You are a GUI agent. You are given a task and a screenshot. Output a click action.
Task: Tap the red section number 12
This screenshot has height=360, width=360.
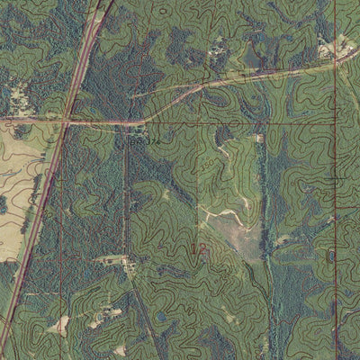click(x=197, y=247)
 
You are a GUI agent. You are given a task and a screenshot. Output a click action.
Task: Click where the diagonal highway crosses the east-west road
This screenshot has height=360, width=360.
click(x=66, y=119)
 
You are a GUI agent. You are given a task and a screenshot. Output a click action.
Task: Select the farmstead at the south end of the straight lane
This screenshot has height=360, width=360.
click(x=126, y=262)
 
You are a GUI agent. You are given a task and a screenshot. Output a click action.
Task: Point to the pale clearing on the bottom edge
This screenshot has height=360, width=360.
click(x=120, y=350)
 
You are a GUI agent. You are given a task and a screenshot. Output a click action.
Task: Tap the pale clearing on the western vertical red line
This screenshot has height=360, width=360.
click(x=61, y=323)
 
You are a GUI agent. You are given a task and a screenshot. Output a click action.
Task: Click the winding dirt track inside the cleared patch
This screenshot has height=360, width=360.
click(x=225, y=216)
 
